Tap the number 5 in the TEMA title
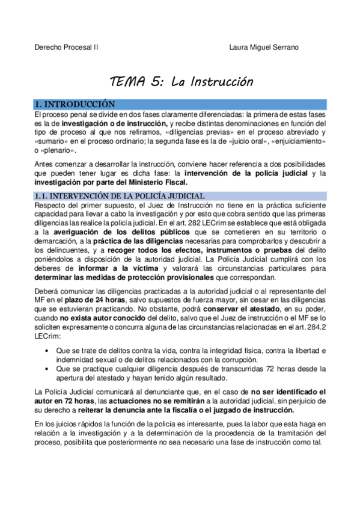pos(158,82)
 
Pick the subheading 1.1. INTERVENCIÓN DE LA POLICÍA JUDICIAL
pos(120,196)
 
